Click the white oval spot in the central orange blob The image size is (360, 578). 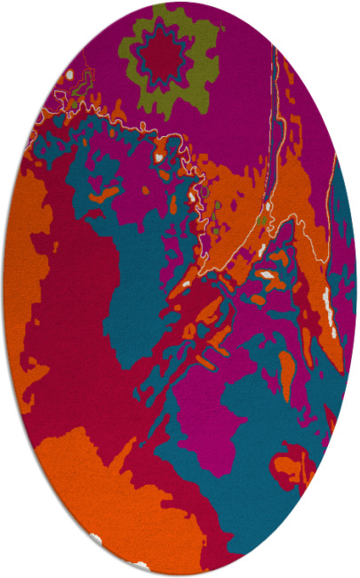coord(267,275)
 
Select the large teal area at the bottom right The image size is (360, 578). coord(267,525)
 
